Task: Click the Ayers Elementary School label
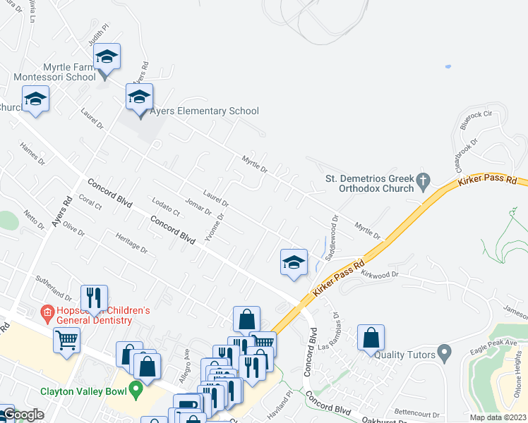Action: tap(204, 111)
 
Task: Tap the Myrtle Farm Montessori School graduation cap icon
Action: tap(107, 56)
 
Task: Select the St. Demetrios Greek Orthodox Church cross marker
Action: tap(424, 180)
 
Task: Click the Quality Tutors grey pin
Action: tap(444, 350)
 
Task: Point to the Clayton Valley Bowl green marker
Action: tap(138, 388)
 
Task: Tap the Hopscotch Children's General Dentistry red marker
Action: tap(47, 311)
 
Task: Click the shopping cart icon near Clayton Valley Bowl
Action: tap(67, 340)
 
